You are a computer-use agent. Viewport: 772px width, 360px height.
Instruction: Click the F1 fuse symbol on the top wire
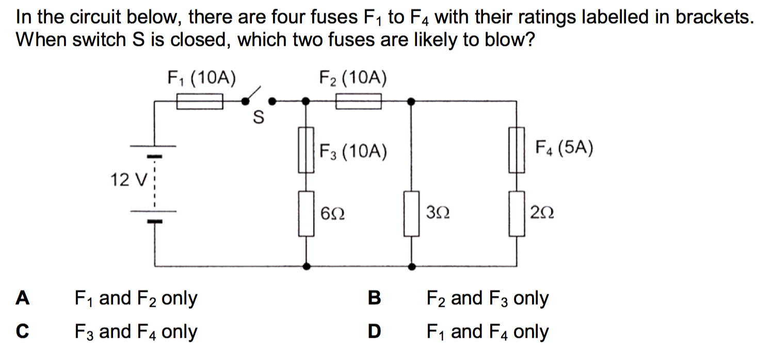(200, 101)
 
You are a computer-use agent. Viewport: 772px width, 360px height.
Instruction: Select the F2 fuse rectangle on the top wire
(359, 101)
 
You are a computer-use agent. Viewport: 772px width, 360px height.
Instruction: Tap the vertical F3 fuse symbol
(307, 150)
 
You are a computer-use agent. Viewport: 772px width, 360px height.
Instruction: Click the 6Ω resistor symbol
(307, 214)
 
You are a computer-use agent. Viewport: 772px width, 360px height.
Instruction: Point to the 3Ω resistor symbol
(411, 214)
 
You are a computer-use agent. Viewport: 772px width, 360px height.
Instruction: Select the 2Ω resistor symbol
(517, 214)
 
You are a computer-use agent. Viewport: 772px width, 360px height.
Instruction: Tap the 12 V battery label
(130, 180)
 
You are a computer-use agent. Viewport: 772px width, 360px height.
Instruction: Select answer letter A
(22, 298)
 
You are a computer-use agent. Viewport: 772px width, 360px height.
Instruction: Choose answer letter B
(375, 298)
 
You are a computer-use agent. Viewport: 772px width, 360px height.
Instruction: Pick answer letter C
(22, 332)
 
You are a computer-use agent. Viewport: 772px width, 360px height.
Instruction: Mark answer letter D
(375, 332)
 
